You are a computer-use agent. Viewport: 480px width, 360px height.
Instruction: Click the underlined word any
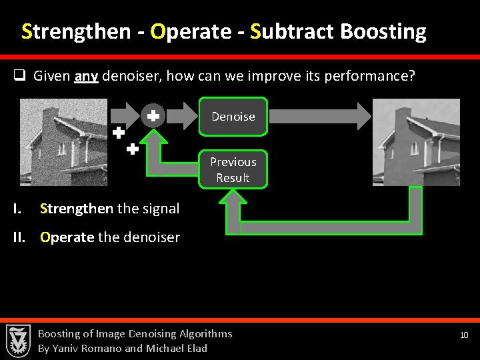(87, 77)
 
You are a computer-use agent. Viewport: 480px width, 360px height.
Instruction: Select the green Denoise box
(233, 117)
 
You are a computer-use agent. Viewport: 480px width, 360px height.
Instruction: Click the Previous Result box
(233, 169)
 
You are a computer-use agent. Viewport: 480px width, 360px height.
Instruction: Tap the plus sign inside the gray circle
(153, 116)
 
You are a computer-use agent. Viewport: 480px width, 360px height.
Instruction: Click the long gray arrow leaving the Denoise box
(320, 116)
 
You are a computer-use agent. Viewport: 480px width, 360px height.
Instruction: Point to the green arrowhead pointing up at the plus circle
(155, 139)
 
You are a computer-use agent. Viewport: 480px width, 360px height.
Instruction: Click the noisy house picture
(63, 142)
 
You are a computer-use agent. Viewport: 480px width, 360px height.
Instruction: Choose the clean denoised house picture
(416, 142)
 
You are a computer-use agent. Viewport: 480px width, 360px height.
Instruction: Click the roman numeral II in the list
(21, 237)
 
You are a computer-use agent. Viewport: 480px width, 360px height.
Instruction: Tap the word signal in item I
(161, 209)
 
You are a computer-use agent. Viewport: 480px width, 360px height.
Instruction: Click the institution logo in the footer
(18, 340)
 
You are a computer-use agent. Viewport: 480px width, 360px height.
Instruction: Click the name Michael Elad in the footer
(176, 348)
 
